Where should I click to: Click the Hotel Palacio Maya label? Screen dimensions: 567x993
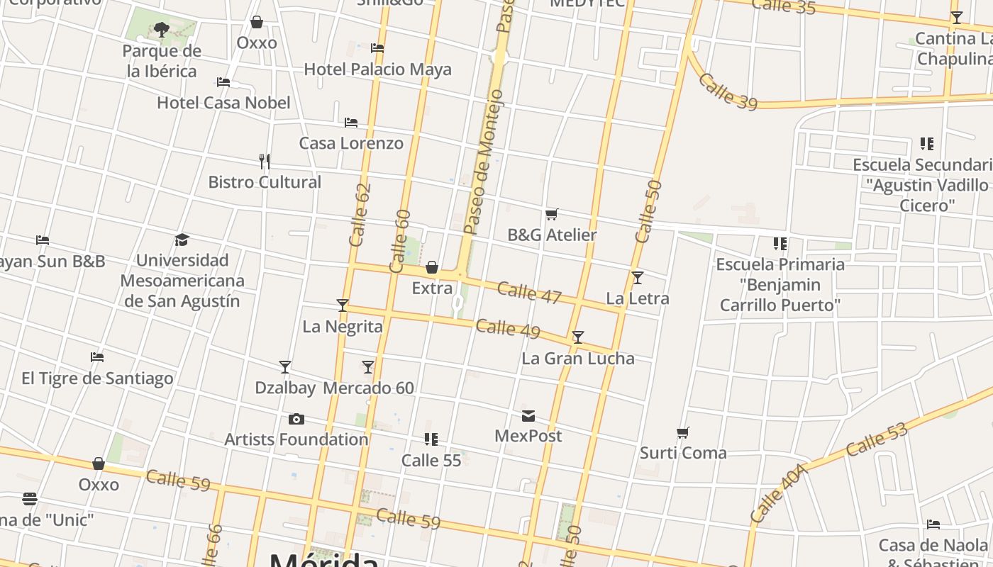point(377,69)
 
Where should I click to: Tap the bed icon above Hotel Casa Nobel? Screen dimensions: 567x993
point(223,82)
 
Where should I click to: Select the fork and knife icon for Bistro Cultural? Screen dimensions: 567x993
point(265,162)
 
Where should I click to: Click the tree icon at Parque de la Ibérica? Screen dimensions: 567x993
point(162,30)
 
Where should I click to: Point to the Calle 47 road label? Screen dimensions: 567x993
point(529,292)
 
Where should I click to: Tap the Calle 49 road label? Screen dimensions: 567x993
point(508,329)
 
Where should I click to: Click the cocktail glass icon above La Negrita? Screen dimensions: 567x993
point(343,305)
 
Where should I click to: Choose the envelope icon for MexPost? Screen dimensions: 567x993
point(528,415)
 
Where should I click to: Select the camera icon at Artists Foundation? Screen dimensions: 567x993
point(296,420)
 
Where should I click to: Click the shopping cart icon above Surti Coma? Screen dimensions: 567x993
point(683,432)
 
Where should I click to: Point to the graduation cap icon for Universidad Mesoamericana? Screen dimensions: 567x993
point(182,240)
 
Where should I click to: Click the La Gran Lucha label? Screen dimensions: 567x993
point(577,359)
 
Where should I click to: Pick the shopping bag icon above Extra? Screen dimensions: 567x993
point(432,267)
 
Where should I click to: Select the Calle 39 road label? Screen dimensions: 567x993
point(728,91)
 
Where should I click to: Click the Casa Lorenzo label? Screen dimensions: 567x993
point(351,143)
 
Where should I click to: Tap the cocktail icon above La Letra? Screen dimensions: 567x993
point(638,278)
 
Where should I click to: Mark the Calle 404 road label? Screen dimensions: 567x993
point(779,493)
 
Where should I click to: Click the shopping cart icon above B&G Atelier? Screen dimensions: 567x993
point(552,214)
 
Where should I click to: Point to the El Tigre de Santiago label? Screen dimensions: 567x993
point(97,378)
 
